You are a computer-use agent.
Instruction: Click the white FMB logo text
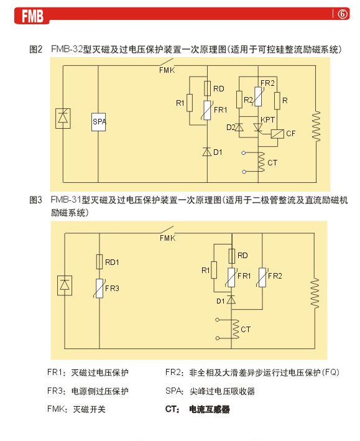tap(32, 16)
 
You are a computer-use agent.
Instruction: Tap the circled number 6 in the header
tap(343, 14)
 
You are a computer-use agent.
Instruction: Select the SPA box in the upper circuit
tap(99, 122)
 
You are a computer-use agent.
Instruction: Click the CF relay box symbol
tap(277, 134)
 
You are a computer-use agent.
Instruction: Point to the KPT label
tap(267, 120)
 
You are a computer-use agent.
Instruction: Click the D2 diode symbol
tap(239, 128)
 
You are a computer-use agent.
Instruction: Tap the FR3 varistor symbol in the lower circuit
tap(99, 288)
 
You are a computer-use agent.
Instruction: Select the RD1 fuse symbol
tap(99, 262)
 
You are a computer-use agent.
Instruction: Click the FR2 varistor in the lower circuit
tap(262, 277)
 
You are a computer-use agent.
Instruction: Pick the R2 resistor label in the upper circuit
tap(248, 100)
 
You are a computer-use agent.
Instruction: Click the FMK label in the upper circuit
tap(167, 70)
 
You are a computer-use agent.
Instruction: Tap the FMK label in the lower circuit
tap(168, 238)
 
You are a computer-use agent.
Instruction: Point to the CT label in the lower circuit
tap(246, 329)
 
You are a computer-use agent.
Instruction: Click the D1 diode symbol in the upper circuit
tap(207, 152)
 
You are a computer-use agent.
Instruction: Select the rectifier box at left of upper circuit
tap(63, 118)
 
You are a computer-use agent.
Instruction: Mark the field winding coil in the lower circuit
tap(315, 293)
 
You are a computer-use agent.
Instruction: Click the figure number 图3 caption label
tap(35, 200)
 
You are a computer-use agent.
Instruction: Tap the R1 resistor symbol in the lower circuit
tap(214, 270)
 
